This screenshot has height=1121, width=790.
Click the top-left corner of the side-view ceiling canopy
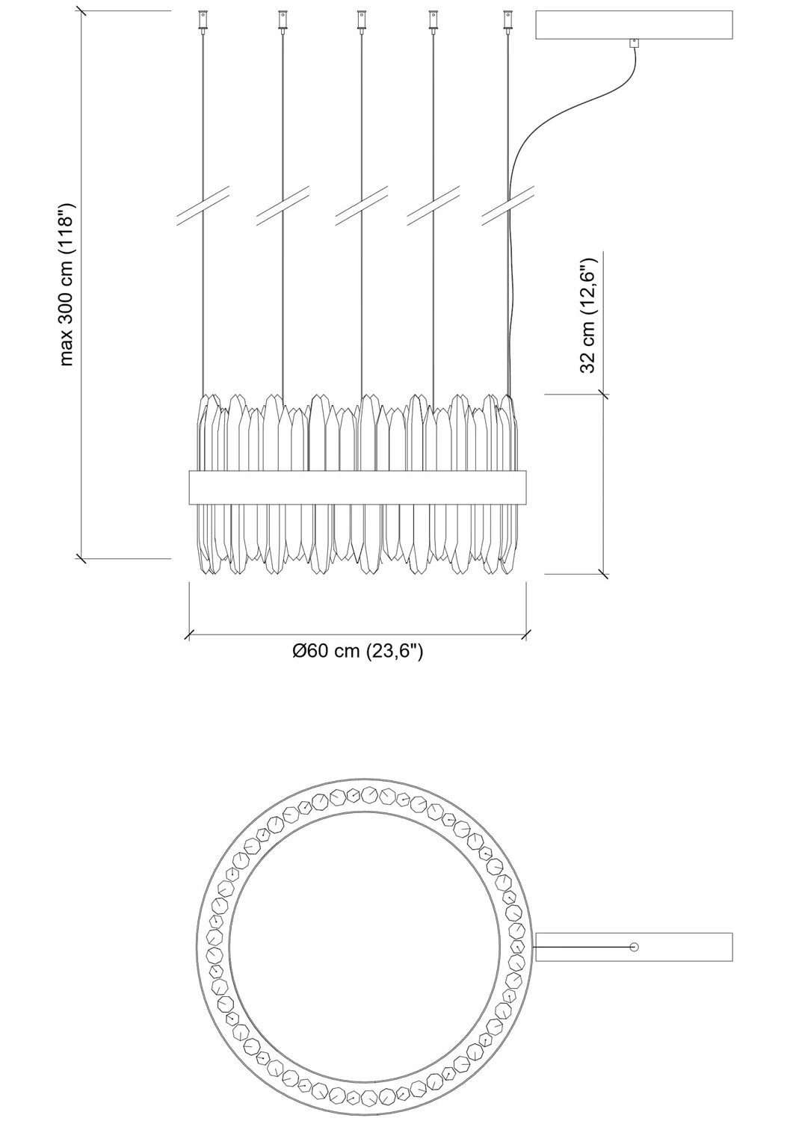click(536, 10)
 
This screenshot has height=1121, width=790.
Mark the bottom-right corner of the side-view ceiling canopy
click(732, 39)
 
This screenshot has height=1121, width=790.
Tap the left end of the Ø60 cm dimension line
click(189, 635)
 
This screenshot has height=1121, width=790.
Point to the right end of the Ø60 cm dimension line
click(525, 635)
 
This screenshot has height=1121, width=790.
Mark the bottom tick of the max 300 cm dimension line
click(81, 558)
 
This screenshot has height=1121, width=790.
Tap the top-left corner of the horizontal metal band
click(189, 470)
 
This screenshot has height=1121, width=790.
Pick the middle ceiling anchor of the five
click(360, 22)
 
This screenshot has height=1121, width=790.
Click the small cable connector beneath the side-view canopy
click(635, 43)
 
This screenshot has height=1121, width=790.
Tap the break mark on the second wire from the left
click(282, 206)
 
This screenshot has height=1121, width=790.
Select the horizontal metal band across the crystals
click(357, 487)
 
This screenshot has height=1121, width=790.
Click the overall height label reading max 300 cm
click(67, 284)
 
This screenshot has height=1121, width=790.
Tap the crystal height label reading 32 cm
click(589, 315)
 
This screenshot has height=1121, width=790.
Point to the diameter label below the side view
click(357, 651)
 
